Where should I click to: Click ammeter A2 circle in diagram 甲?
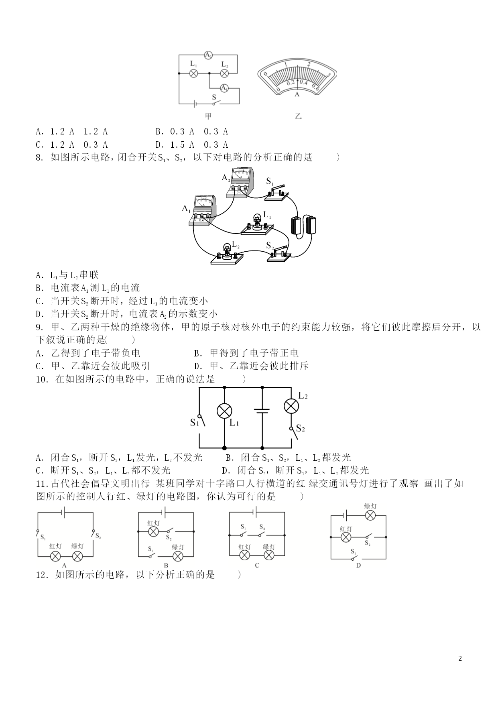(208, 55)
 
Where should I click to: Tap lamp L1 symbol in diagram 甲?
(194, 73)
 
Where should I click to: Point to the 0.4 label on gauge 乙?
(303, 83)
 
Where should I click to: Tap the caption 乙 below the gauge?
(298, 116)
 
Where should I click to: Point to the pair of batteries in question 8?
(303, 225)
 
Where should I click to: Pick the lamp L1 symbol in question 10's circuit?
(224, 411)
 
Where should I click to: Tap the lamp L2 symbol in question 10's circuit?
(291, 406)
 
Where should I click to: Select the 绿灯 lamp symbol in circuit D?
(370, 515)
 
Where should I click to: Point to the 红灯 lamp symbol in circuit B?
(153, 531)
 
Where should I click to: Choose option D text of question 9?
(251, 366)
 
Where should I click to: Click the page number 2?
(460, 658)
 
